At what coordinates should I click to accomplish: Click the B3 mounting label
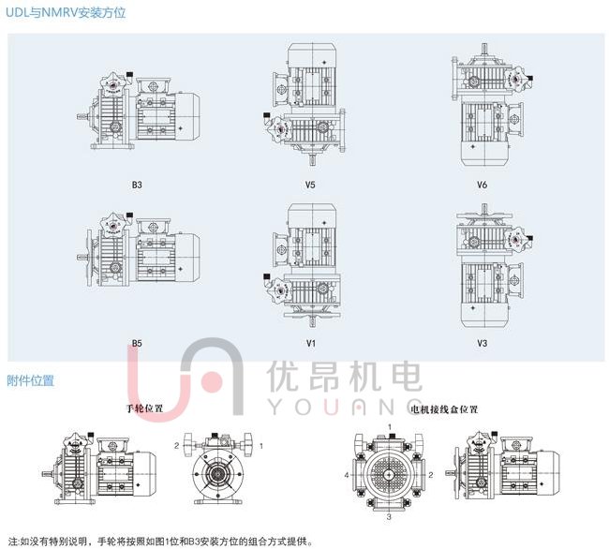click(137, 185)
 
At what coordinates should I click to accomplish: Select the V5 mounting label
click(310, 185)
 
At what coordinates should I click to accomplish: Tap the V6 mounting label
click(482, 185)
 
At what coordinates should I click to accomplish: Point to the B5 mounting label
click(137, 343)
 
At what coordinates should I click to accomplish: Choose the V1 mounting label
click(311, 343)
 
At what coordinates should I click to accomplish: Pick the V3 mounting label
click(482, 343)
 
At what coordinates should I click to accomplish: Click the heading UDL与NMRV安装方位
click(66, 12)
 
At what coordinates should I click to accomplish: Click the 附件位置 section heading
click(30, 380)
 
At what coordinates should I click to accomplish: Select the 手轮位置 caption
click(144, 408)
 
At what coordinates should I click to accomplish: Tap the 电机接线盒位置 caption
click(444, 409)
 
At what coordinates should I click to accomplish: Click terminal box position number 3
click(389, 517)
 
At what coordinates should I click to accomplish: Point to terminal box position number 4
click(347, 475)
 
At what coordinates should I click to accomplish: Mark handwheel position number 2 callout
click(177, 445)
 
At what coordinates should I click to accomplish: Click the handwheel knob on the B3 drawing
click(113, 83)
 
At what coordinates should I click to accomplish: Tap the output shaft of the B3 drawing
click(82, 115)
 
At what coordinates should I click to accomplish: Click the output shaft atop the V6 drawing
click(484, 50)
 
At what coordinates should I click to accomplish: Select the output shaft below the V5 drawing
click(312, 159)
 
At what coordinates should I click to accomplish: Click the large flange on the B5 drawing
click(89, 257)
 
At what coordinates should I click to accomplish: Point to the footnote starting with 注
click(160, 542)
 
